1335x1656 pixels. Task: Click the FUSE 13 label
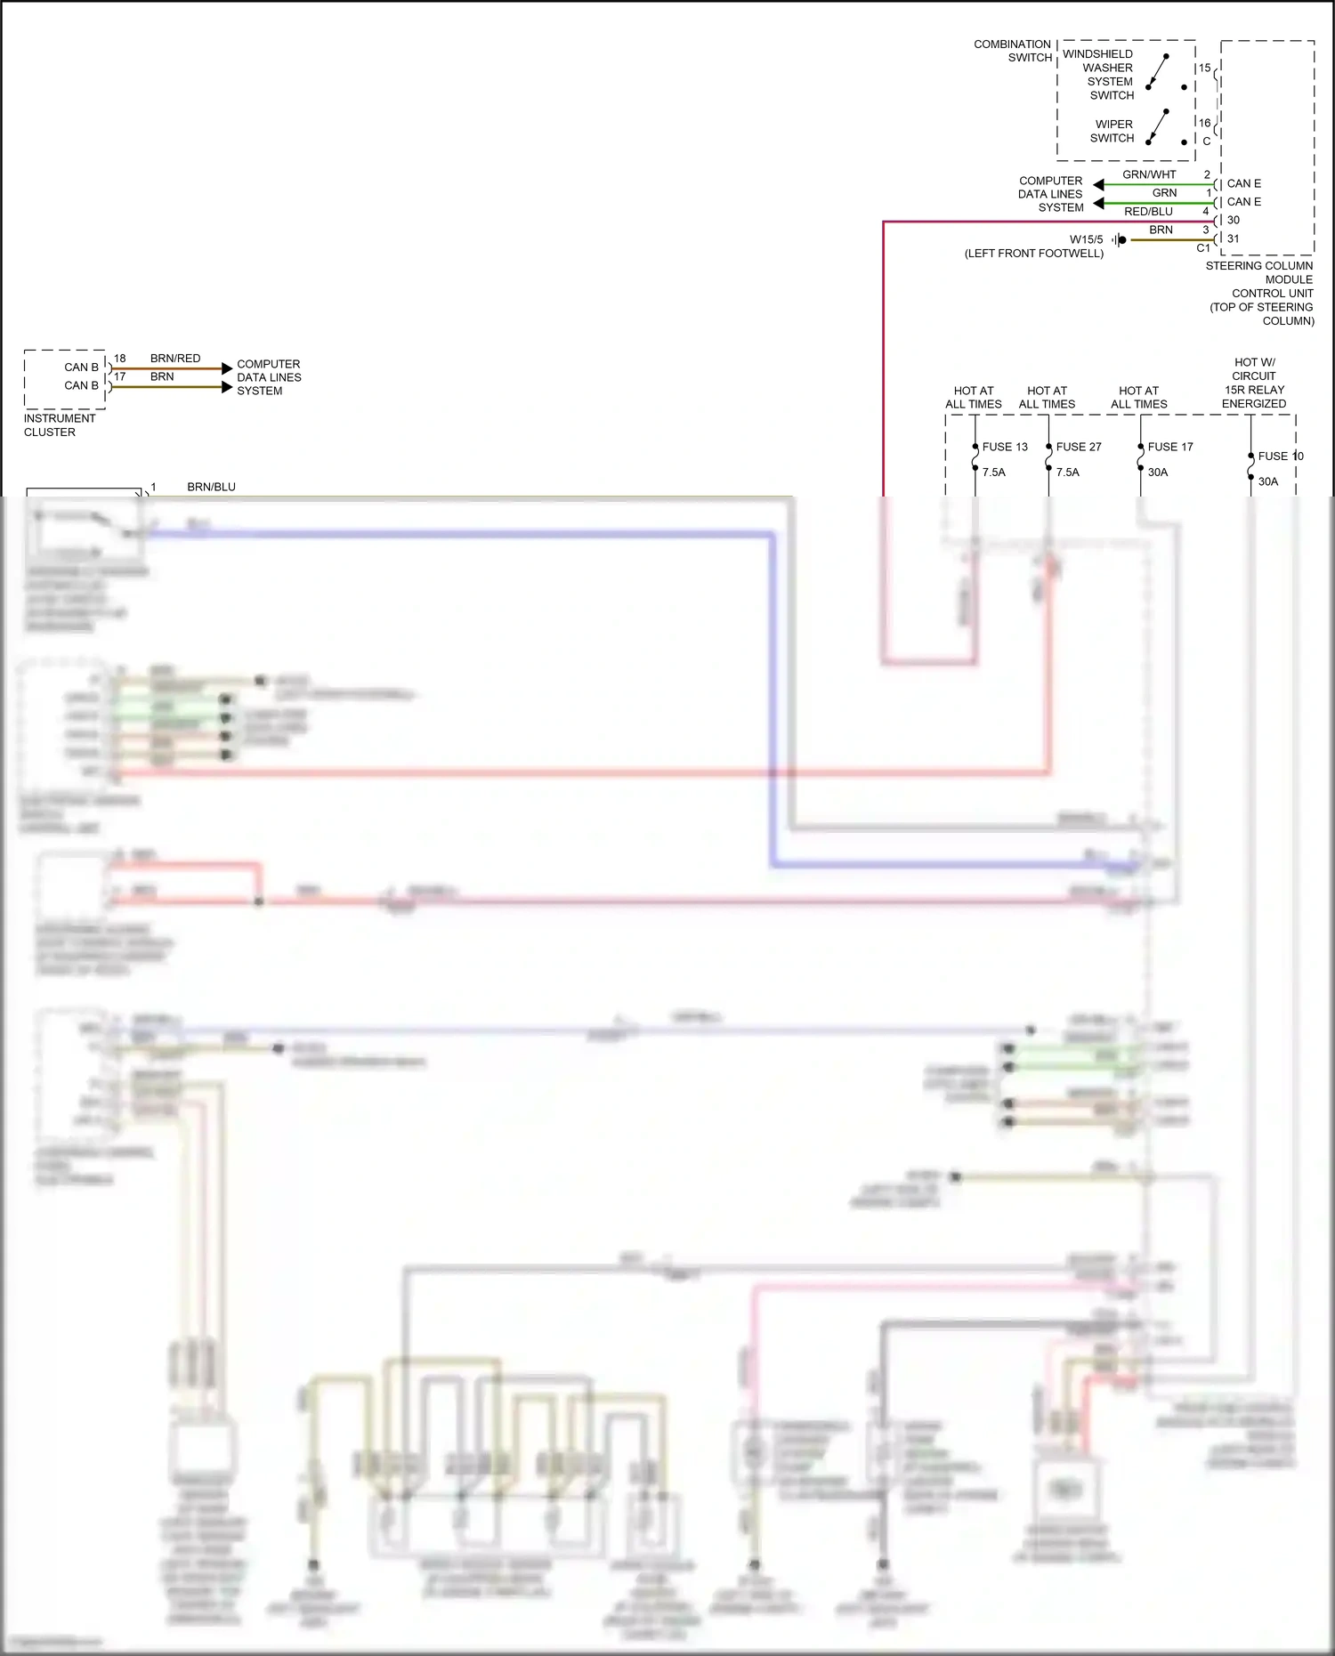(x=1004, y=447)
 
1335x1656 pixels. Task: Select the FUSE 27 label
(x=1078, y=447)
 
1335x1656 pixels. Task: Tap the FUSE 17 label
(x=1169, y=447)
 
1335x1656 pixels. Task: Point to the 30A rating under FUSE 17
(x=1157, y=473)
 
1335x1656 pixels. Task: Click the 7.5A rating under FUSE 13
(x=993, y=473)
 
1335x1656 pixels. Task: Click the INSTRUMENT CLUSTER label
(x=59, y=425)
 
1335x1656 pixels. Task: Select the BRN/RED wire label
(x=175, y=359)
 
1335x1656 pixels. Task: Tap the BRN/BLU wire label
(x=211, y=487)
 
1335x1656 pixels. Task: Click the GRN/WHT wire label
(x=1148, y=174)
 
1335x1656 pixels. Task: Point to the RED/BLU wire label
(x=1147, y=212)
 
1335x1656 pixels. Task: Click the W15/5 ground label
(x=1086, y=239)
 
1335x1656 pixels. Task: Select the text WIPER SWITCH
(x=1113, y=131)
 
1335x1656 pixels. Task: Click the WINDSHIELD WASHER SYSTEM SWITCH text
(x=1100, y=75)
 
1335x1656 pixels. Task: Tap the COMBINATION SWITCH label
(x=1013, y=51)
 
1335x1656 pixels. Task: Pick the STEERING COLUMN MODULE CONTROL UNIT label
(x=1260, y=293)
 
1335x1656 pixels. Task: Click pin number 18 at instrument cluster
(x=120, y=359)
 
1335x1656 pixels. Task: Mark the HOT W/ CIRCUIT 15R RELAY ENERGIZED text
(x=1253, y=383)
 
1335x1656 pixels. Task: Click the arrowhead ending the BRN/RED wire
(x=227, y=368)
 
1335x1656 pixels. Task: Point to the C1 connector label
(x=1203, y=248)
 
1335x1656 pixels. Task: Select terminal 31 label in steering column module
(x=1233, y=238)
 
